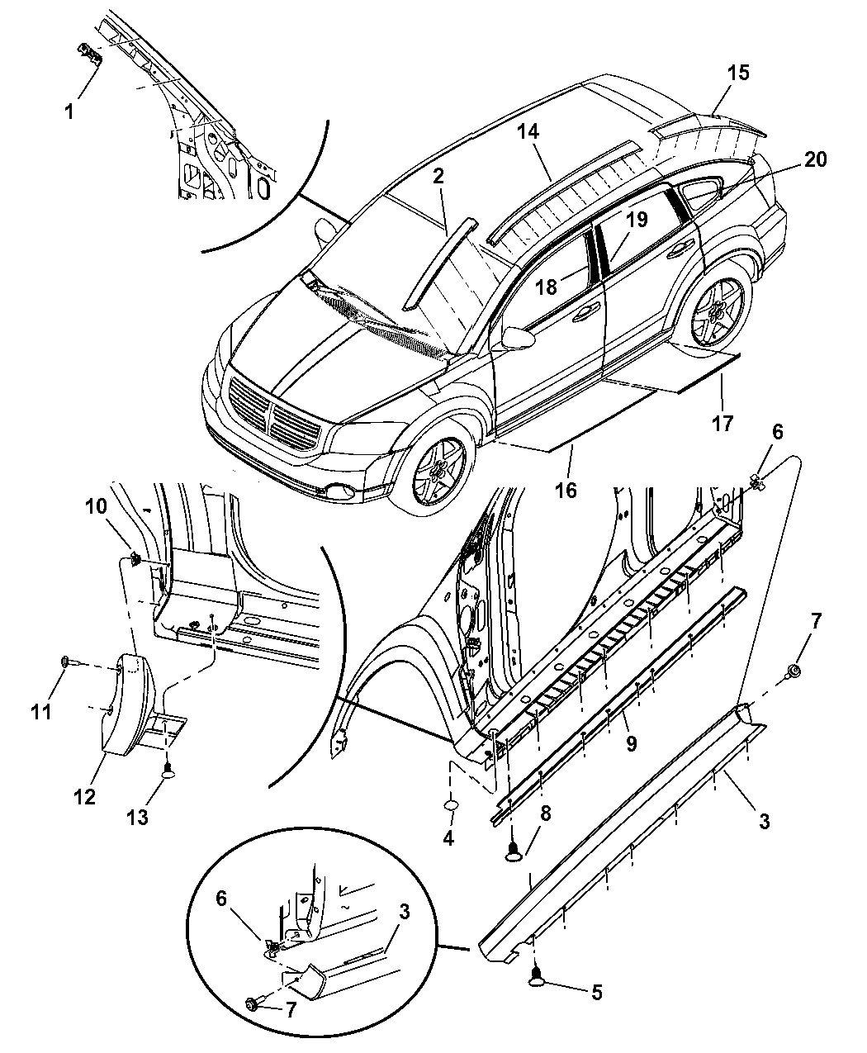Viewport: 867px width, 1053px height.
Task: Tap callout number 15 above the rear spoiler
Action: coord(738,73)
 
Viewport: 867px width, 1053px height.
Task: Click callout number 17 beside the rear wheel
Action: coord(722,424)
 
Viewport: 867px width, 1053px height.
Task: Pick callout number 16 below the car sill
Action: coord(566,491)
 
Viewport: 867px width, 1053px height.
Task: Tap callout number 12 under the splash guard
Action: coord(84,797)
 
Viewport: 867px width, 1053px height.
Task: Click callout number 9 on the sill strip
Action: coord(631,743)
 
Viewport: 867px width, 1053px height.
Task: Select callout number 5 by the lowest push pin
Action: coord(595,992)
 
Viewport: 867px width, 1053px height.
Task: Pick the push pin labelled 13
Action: coord(168,773)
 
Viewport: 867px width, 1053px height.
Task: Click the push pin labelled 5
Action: coord(538,978)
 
